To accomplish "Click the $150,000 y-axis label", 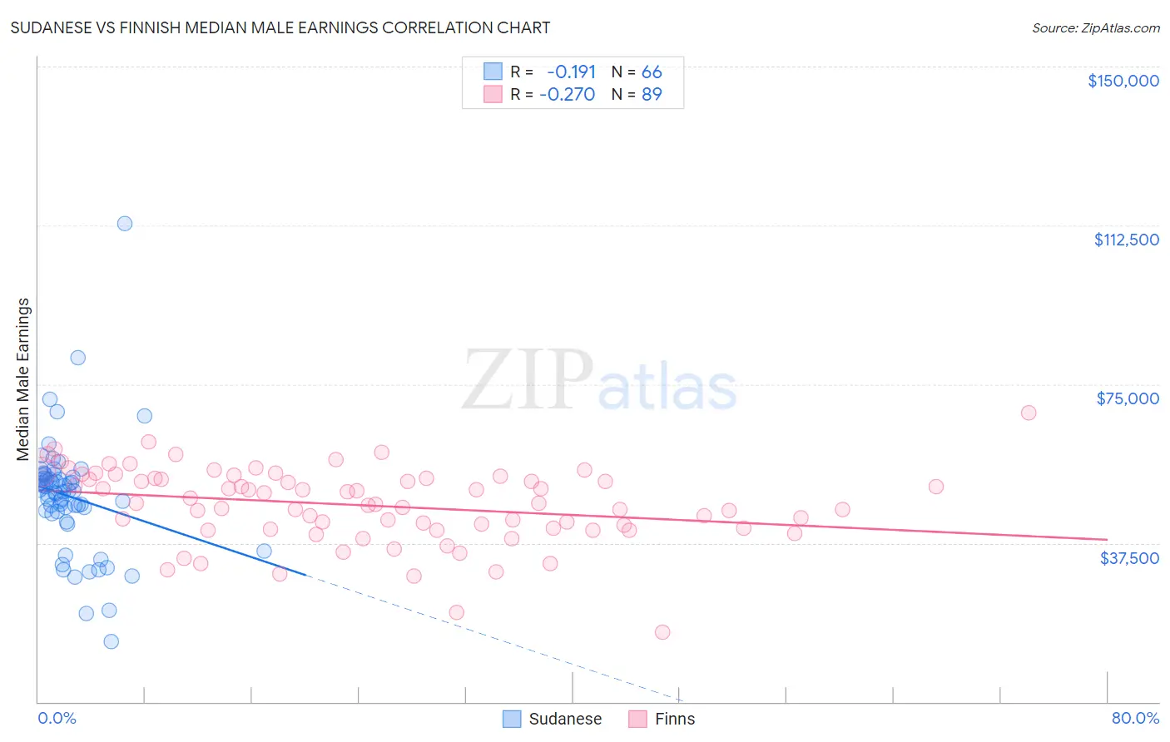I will pyautogui.click(x=1123, y=81).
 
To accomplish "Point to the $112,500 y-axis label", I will pyautogui.click(x=1126, y=240).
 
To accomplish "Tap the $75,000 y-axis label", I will pyautogui.click(x=1128, y=398).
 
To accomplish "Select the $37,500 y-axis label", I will pyautogui.click(x=1129, y=558).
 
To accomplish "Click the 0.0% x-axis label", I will pyautogui.click(x=57, y=719).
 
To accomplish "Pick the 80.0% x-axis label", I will pyautogui.click(x=1135, y=719).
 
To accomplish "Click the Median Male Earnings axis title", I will pyautogui.click(x=23, y=379).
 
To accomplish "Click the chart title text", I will pyautogui.click(x=280, y=27).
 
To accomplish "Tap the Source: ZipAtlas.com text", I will pyautogui.click(x=1095, y=28).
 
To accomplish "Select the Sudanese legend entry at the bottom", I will pyautogui.click(x=553, y=719).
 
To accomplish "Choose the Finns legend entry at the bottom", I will pyautogui.click(x=662, y=719).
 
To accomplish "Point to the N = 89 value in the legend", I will pyautogui.click(x=637, y=95).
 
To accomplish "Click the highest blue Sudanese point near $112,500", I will pyautogui.click(x=125, y=223).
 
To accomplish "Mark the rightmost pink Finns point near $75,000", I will pyautogui.click(x=1029, y=413).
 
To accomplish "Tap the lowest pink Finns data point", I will pyautogui.click(x=662, y=632).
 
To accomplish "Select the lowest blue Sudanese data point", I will pyautogui.click(x=111, y=641).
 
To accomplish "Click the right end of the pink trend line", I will pyautogui.click(x=1107, y=540).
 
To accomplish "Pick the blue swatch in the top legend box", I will pyautogui.click(x=493, y=72).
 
